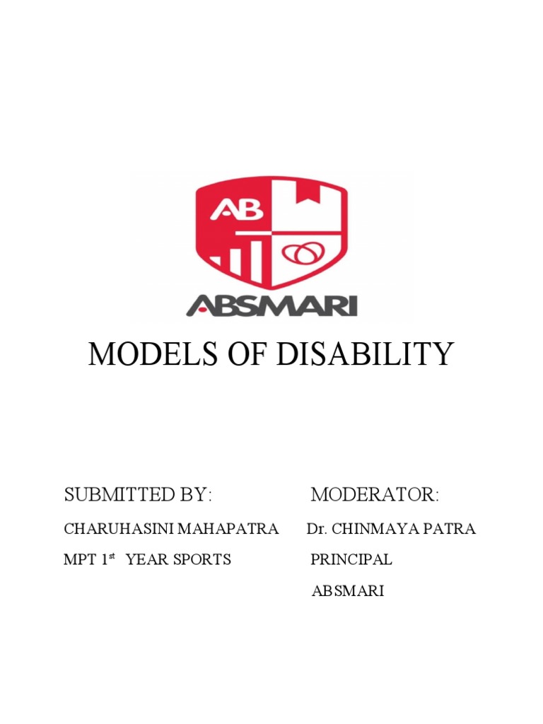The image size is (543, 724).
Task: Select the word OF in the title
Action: click(x=240, y=354)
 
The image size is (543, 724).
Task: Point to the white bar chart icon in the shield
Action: click(x=241, y=258)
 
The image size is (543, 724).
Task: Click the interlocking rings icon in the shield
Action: click(x=303, y=252)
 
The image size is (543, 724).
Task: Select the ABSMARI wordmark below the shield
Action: click(x=272, y=305)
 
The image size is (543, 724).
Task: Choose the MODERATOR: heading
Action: click(x=375, y=494)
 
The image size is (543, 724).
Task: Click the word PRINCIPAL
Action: click(x=351, y=560)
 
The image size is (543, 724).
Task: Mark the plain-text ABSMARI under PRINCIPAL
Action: click(x=348, y=591)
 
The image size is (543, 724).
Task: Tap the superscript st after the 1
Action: click(x=112, y=556)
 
